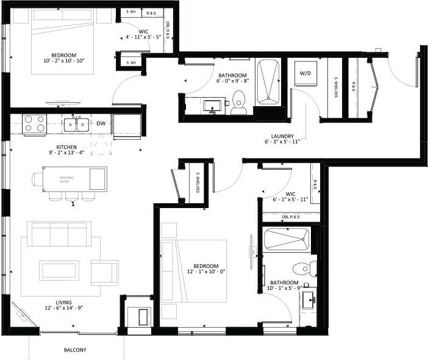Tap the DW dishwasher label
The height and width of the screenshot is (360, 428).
101,124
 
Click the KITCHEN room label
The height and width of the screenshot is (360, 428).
66,148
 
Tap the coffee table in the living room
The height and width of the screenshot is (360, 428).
59,268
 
